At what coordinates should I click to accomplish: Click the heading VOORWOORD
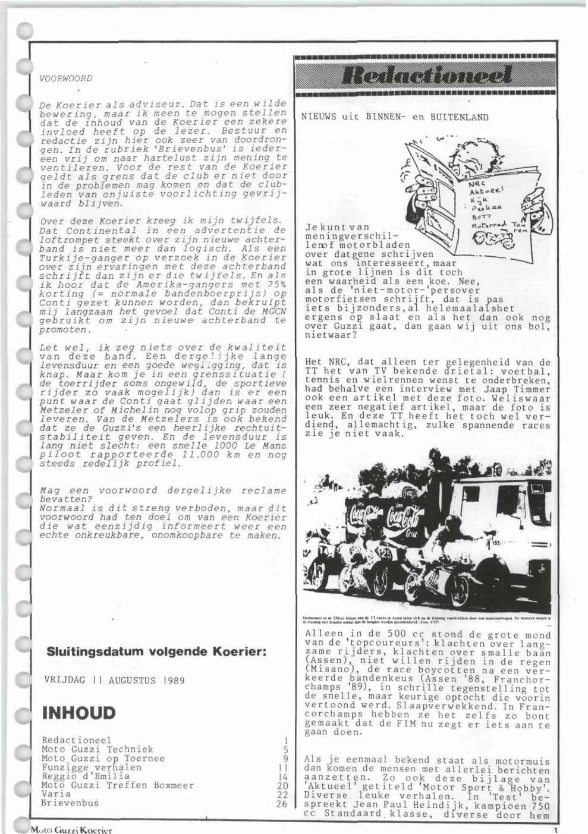click(x=65, y=78)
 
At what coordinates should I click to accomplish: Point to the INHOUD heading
click(x=78, y=713)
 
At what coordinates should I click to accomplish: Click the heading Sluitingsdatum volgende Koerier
click(x=156, y=652)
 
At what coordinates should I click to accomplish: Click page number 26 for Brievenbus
click(x=282, y=803)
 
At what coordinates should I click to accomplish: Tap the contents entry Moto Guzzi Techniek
click(x=98, y=750)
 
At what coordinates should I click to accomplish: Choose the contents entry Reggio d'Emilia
click(x=86, y=776)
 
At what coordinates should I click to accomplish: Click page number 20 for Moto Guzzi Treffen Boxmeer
click(x=282, y=785)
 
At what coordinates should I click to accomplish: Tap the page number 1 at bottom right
click(x=554, y=829)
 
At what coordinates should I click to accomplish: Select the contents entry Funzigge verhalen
click(x=92, y=767)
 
